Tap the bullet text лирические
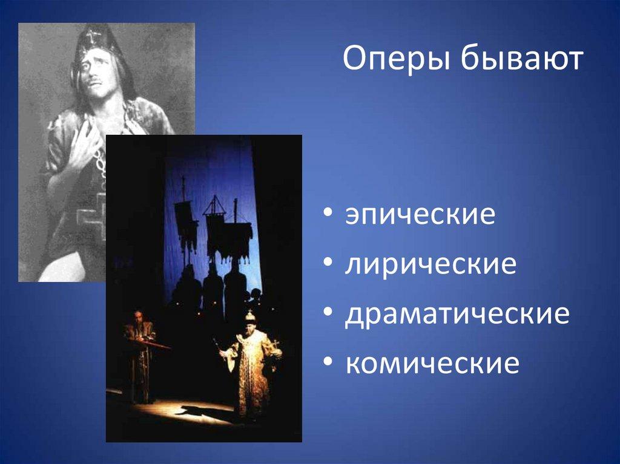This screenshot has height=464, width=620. click(430, 266)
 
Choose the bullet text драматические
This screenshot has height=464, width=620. click(457, 315)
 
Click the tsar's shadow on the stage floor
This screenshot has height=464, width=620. click(200, 414)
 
